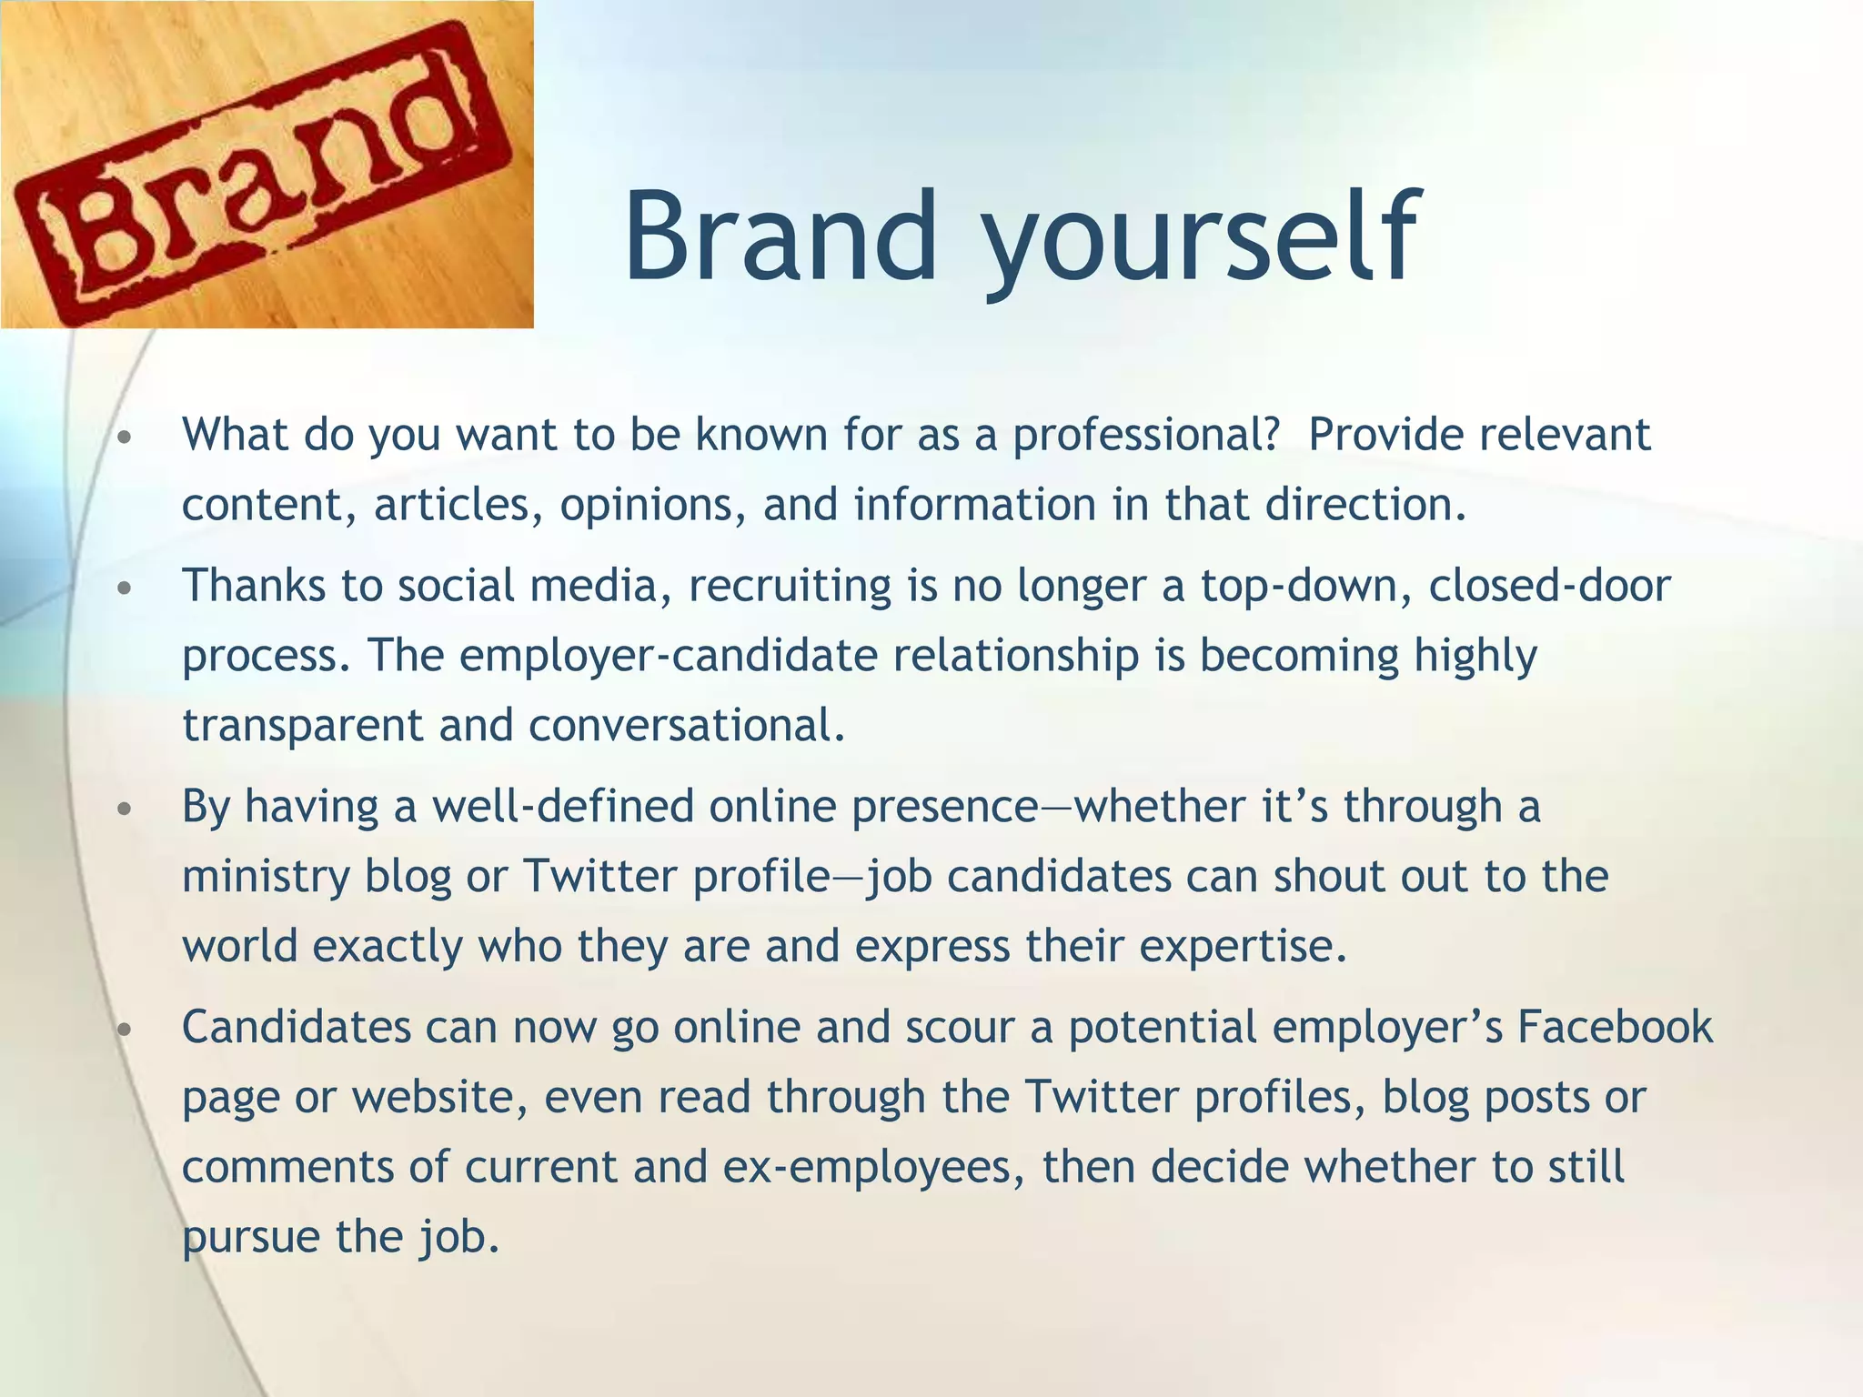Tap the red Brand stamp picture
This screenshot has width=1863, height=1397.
click(267, 165)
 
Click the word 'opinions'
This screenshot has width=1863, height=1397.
click(653, 506)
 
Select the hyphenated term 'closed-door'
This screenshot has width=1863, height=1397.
click(1549, 585)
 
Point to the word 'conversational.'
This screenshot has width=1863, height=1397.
click(687, 726)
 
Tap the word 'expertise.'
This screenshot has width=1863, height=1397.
click(1243, 947)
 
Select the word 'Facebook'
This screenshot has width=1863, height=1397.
click(1615, 1028)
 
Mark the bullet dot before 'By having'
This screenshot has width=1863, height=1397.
click(126, 809)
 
